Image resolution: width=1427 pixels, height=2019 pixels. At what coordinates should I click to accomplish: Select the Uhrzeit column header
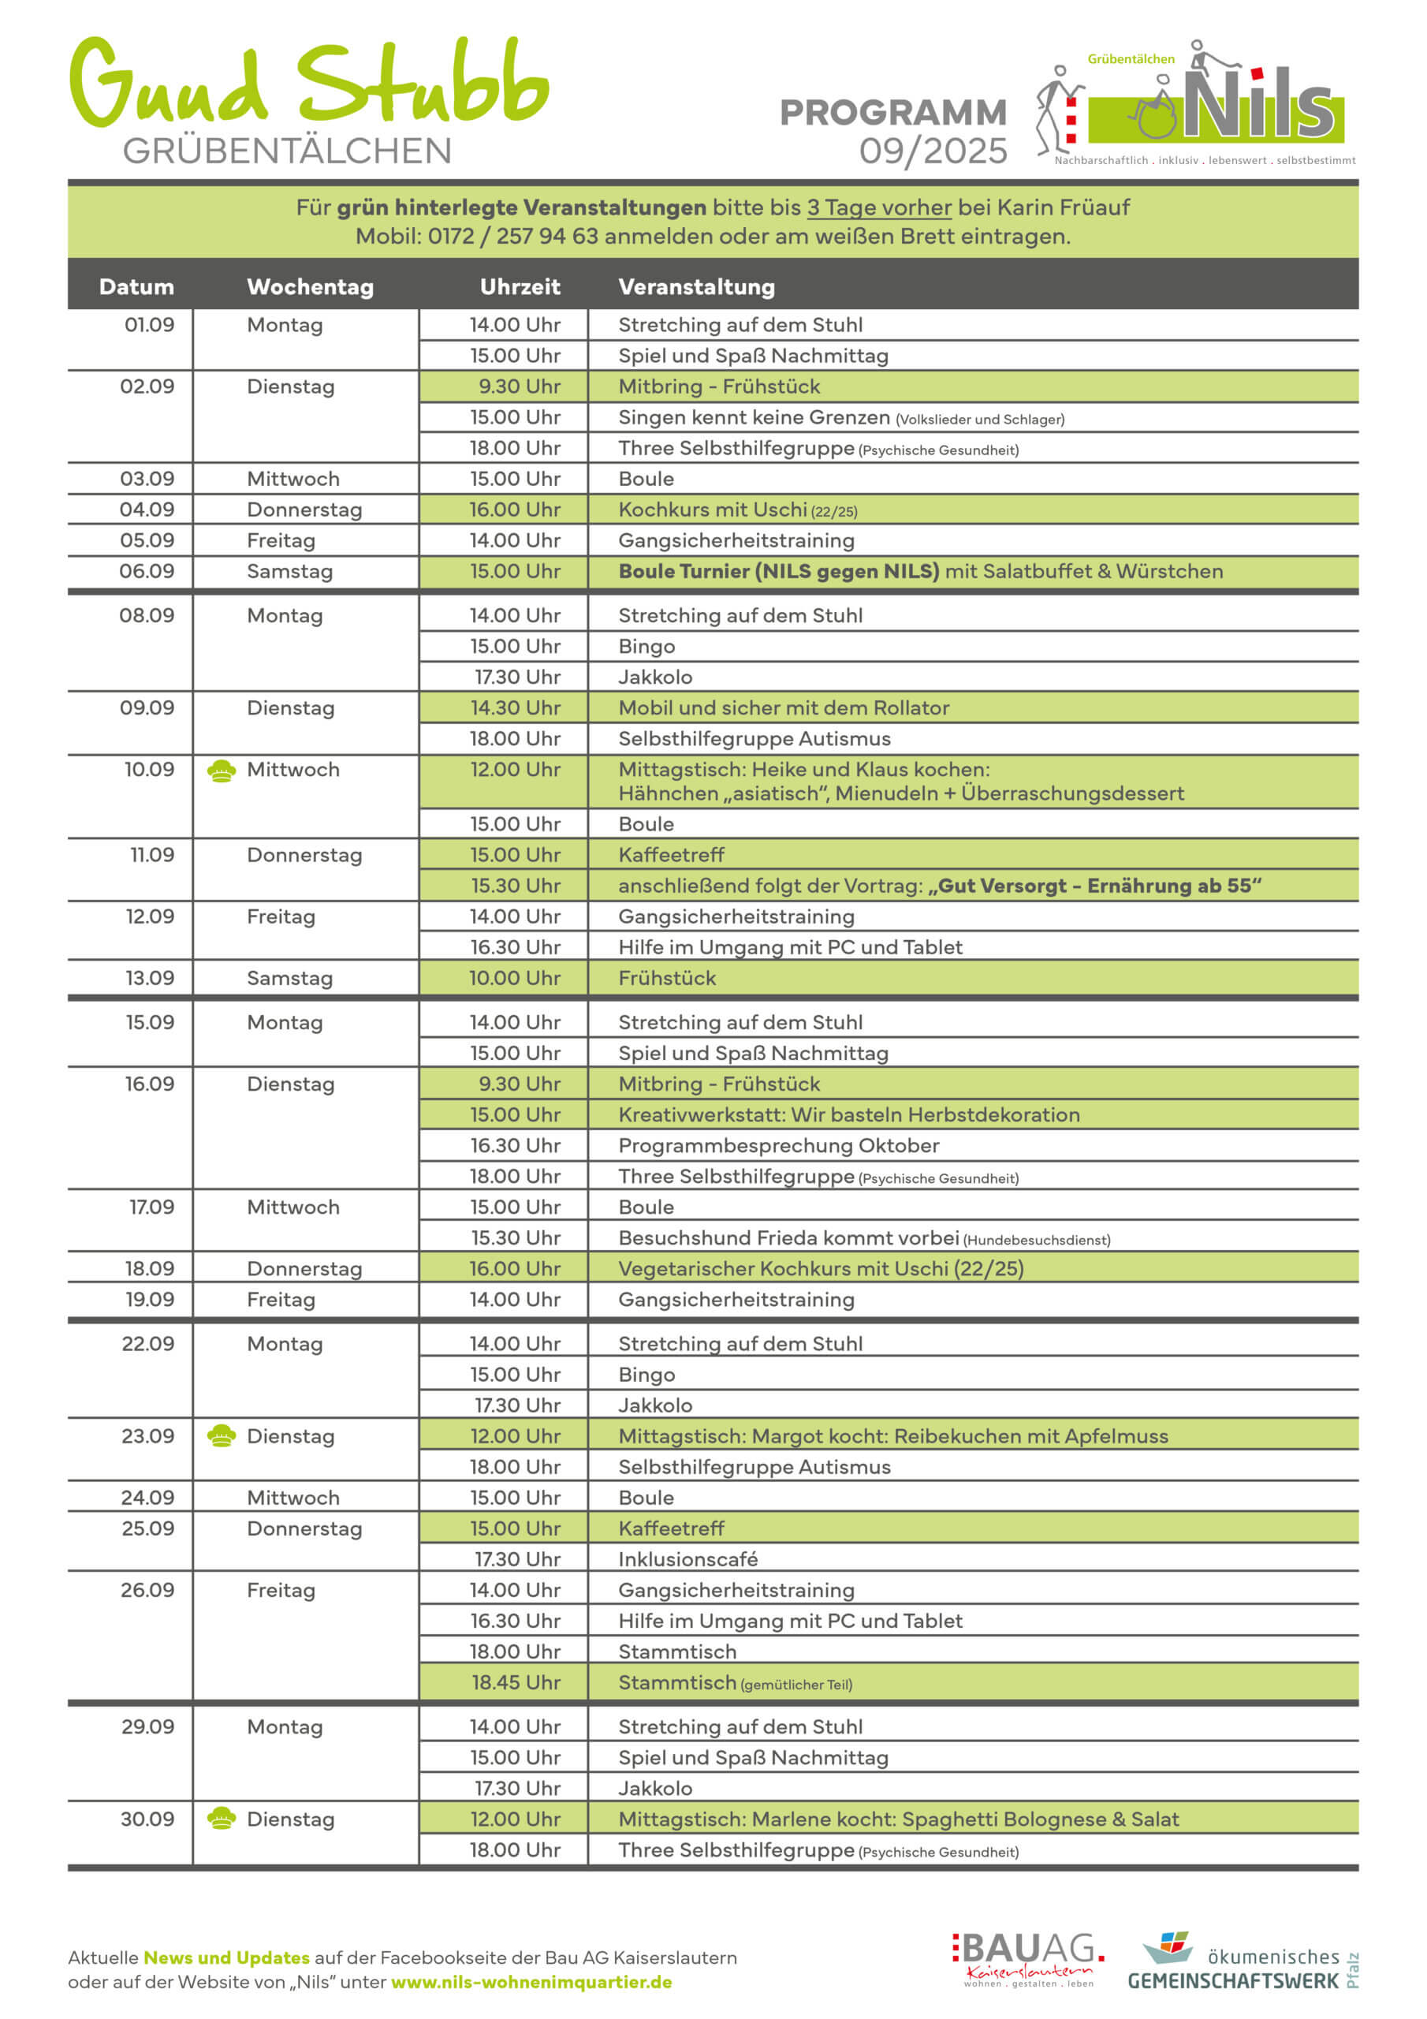pos(520,286)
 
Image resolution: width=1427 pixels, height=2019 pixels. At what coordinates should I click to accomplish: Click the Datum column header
pos(136,286)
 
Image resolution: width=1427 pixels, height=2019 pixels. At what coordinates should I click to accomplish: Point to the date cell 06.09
pos(147,571)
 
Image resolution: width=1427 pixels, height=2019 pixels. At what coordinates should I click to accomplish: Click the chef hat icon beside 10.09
pos(221,771)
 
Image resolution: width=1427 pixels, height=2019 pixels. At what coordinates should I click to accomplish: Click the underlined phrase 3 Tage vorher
pos(878,207)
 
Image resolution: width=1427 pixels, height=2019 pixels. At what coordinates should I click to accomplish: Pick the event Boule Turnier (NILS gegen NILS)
pos(778,571)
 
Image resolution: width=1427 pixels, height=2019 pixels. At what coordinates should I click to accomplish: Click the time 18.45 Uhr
pos(516,1682)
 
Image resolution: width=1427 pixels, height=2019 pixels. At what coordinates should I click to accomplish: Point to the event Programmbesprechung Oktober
pos(778,1145)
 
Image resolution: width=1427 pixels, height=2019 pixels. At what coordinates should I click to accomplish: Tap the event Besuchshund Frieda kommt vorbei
pos(788,1237)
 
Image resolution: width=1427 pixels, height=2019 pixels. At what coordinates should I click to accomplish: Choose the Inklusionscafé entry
pos(687,1559)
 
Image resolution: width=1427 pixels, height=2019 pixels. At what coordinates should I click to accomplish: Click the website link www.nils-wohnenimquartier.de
pos(531,1982)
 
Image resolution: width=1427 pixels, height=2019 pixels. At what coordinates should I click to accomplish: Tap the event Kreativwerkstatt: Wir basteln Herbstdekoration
pos(848,1114)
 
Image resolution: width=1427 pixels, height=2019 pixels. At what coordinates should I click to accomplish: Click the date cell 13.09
pos(150,978)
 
